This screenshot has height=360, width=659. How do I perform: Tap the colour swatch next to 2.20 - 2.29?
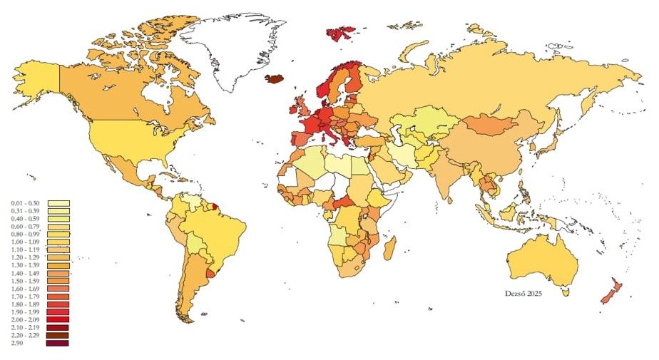point(58,335)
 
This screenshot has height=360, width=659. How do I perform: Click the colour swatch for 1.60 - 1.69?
point(58,289)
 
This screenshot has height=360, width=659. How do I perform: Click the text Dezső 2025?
point(524,292)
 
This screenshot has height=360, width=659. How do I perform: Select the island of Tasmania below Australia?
point(566,291)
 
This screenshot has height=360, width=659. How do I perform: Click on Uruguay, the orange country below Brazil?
point(210,273)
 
